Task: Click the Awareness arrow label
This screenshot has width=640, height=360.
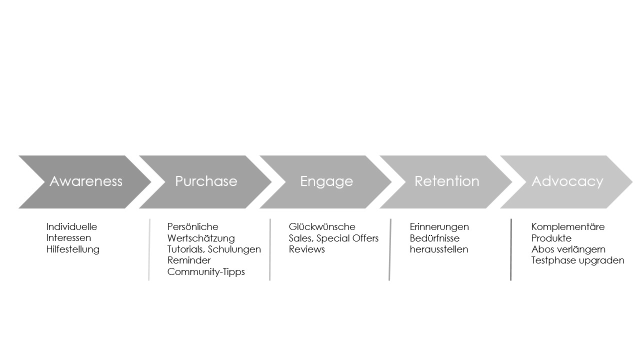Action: (86, 181)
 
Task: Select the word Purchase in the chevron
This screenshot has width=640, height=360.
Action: (206, 181)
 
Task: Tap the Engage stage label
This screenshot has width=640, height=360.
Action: (326, 181)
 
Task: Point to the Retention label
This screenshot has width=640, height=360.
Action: (447, 181)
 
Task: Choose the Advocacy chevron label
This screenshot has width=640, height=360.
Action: (567, 181)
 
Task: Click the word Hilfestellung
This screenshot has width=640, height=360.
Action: (73, 249)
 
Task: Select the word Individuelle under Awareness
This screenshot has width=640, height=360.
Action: (71, 226)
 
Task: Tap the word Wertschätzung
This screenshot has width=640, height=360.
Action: (201, 238)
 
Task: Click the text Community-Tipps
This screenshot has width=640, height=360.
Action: (206, 271)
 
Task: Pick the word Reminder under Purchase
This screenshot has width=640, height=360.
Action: (189, 260)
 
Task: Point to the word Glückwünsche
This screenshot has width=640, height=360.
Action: (322, 226)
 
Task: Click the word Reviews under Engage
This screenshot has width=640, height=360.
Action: (307, 249)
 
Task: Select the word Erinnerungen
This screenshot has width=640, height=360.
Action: (439, 226)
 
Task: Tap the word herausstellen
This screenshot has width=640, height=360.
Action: (439, 249)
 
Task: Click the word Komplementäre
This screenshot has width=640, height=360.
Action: (568, 226)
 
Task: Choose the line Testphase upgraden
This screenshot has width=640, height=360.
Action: (577, 260)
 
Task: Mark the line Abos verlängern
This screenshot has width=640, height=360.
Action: (568, 249)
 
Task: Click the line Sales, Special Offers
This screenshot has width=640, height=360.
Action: (333, 238)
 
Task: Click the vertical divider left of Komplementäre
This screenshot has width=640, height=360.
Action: (511, 249)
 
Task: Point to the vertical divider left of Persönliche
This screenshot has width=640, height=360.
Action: (149, 249)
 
